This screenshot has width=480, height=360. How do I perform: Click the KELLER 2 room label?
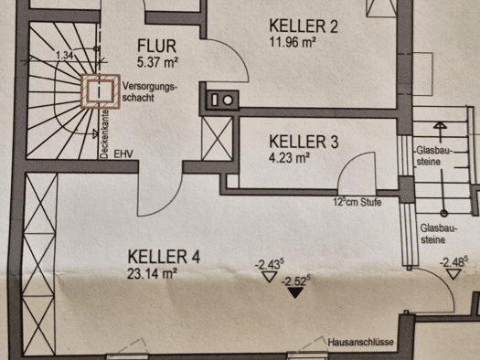(304, 26)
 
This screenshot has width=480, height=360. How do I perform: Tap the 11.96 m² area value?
(293, 42)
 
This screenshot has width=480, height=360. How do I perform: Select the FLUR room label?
(156, 47)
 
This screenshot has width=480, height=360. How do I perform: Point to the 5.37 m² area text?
(157, 62)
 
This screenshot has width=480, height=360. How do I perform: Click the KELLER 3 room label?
(304, 142)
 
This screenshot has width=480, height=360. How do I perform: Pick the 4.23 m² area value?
(289, 158)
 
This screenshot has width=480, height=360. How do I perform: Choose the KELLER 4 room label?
(164, 257)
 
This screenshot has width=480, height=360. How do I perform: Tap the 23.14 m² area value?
(152, 273)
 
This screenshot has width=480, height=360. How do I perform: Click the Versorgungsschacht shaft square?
(100, 91)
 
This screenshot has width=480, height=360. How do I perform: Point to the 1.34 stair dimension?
(65, 56)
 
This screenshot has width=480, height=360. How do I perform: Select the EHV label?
(123, 154)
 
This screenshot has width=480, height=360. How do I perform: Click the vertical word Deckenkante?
(104, 134)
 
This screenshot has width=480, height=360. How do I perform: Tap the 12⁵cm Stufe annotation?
(357, 202)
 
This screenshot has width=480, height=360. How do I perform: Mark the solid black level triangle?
(294, 292)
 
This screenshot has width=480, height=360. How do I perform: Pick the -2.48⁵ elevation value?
(453, 261)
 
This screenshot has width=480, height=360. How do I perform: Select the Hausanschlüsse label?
(360, 342)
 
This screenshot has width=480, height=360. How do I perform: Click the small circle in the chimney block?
(228, 101)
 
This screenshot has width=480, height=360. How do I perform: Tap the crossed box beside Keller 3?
(217, 138)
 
